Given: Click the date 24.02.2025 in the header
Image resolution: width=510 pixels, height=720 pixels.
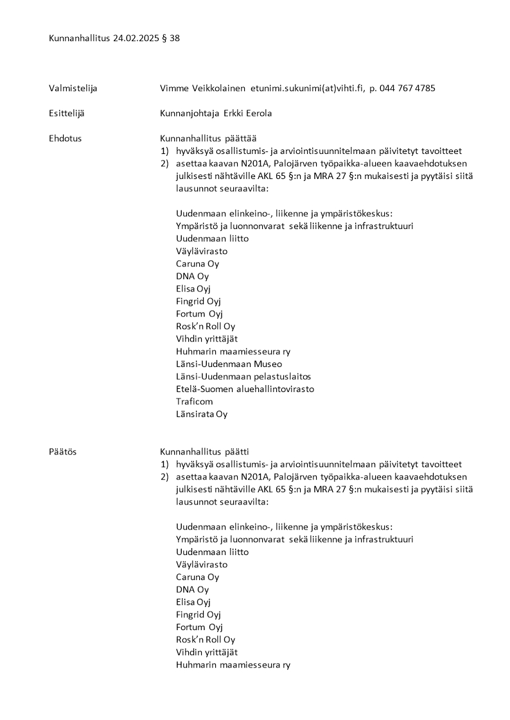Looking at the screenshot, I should coord(134,38).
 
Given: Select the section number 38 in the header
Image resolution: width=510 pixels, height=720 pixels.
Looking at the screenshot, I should coord(174,38).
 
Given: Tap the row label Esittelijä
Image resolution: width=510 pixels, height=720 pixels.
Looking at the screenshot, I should coord(67,113).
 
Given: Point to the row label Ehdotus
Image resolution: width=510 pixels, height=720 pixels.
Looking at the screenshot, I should coord(65,138).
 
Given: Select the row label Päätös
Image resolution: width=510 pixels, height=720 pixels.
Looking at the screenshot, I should coord(62,452).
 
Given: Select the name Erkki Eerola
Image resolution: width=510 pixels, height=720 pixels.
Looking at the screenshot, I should coord(248,113).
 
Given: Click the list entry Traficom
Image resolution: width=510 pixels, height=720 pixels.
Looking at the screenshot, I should coord(194,402).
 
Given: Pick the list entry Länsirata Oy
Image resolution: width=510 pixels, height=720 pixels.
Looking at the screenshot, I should coord(202,414).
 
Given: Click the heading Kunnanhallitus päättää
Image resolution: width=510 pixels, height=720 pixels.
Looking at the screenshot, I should coord(208,138).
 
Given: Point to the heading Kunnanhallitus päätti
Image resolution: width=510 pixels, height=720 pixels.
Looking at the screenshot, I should coord(204,452).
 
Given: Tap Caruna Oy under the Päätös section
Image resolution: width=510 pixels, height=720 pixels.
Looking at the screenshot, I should coord(197,577).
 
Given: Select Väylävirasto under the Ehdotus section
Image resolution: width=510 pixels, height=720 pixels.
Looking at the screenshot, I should coord(202,251).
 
